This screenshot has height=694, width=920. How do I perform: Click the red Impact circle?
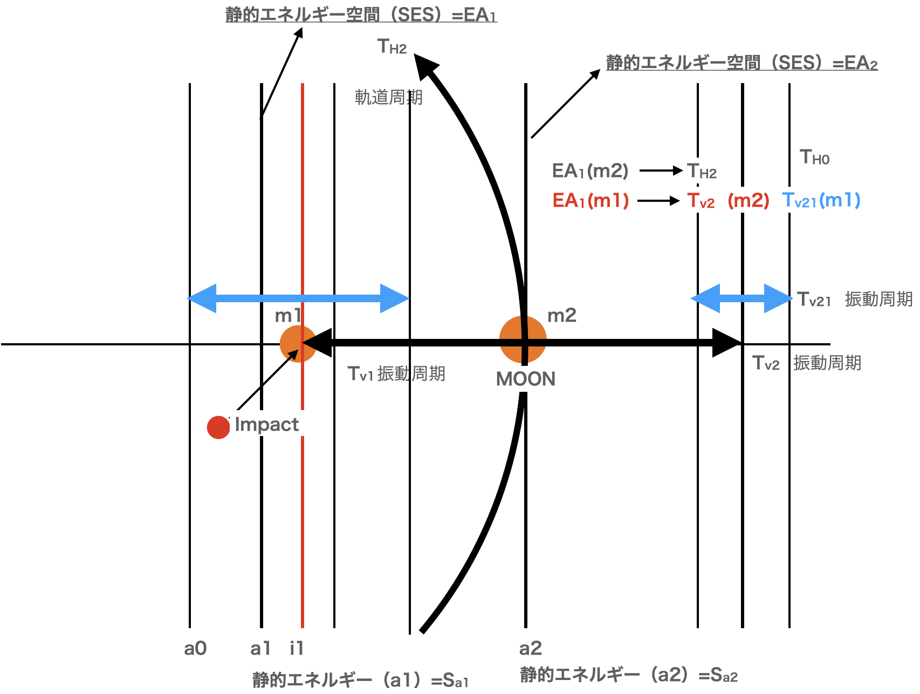[x=218, y=427]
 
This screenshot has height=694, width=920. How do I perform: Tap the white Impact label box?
[x=266, y=424]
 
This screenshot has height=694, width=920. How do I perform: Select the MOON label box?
[x=525, y=379]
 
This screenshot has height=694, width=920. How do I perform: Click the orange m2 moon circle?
[x=523, y=339]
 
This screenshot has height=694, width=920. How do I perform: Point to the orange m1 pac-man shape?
[x=294, y=343]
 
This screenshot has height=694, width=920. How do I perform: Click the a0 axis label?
[x=195, y=648]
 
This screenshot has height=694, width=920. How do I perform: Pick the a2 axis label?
[x=530, y=648]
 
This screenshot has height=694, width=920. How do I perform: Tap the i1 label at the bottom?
[x=297, y=648]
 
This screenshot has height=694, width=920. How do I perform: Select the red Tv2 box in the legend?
[x=701, y=200]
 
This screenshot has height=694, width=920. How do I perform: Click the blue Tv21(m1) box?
[x=821, y=200]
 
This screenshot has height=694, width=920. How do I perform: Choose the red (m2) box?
[x=748, y=200]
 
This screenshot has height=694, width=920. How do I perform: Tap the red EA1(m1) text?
[x=591, y=201]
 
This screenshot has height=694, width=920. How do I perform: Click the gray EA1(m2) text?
[x=590, y=171]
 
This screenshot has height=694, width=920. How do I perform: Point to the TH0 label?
[x=814, y=158]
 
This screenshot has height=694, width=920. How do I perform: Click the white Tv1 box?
[x=361, y=373]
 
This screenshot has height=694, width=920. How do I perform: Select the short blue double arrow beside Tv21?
[x=741, y=298]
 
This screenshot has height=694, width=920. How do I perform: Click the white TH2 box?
[x=702, y=171]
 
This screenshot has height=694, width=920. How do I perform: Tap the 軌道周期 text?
[x=388, y=98]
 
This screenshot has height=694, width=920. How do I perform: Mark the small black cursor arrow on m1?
[x=292, y=355]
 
